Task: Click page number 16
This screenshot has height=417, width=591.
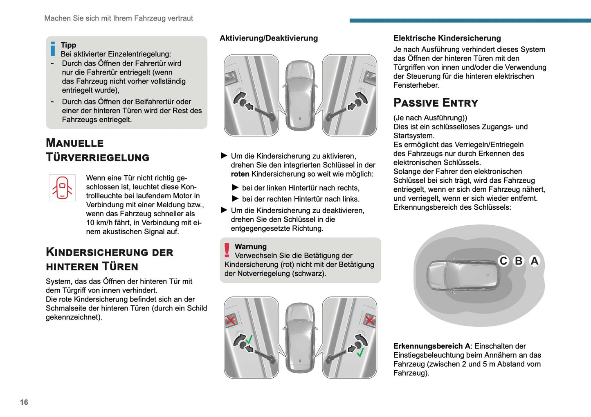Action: coord(24,402)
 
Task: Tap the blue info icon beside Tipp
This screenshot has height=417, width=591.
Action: coord(53,49)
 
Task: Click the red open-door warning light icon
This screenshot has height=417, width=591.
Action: coord(62,188)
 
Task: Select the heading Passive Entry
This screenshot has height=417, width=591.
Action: coord(436,103)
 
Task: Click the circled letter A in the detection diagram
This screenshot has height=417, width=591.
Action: coord(534,261)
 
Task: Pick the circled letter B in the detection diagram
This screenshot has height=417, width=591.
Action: coord(519,261)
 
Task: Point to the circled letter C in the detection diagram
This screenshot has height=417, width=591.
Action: coord(503,261)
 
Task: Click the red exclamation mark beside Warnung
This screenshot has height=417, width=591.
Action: coord(227,250)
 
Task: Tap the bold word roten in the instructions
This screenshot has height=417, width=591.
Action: coord(240,174)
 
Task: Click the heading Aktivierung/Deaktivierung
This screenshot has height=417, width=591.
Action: coord(268,38)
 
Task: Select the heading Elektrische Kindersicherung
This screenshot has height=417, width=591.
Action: coord(447,38)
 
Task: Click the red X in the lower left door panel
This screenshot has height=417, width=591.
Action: coord(231,320)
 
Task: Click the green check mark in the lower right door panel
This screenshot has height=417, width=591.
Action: coord(360,352)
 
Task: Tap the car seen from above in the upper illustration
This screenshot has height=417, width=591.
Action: coord(300,95)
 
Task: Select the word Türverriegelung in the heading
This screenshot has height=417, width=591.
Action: coord(98,158)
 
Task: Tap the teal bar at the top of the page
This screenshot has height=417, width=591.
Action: coord(470,20)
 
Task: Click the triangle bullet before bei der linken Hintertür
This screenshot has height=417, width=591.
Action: coord(235,188)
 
